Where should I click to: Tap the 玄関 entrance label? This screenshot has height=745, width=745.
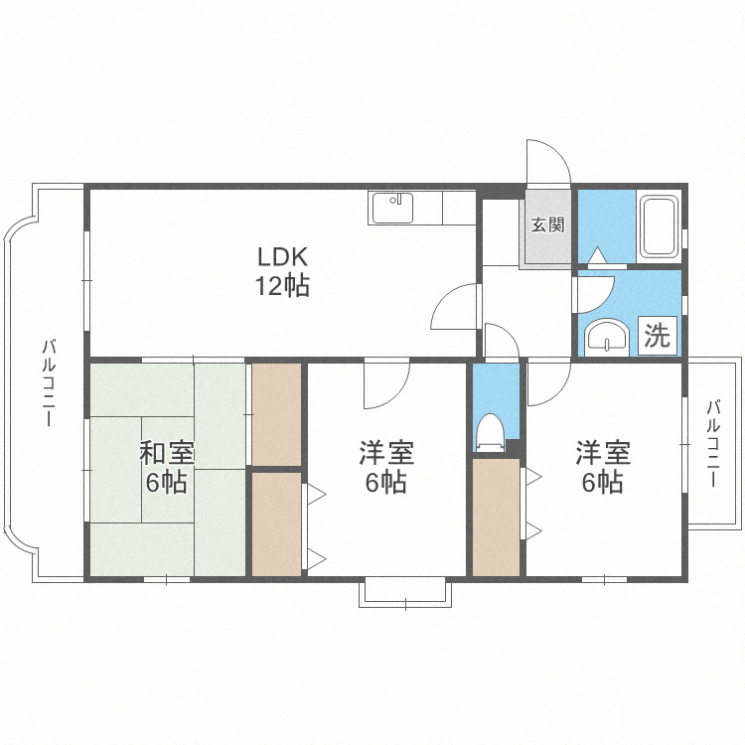(x=546, y=224)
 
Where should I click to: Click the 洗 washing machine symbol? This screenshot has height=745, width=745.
(x=658, y=336)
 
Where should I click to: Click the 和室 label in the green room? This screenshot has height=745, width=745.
(x=166, y=454)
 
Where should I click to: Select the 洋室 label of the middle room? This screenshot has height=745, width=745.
(x=385, y=454)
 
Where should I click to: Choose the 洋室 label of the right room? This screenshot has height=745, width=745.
(x=603, y=454)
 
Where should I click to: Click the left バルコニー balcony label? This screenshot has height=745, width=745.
(x=47, y=383)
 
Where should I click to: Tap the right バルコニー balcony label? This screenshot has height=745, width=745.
(x=712, y=442)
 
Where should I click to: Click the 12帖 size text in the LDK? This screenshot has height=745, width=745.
(x=283, y=287)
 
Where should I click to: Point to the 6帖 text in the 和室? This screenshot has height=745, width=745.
(x=166, y=484)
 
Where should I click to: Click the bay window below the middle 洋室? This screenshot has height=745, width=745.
(x=405, y=591)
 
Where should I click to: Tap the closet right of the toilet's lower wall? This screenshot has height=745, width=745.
(x=496, y=516)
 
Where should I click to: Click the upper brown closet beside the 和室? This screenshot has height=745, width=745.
(x=275, y=413)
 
